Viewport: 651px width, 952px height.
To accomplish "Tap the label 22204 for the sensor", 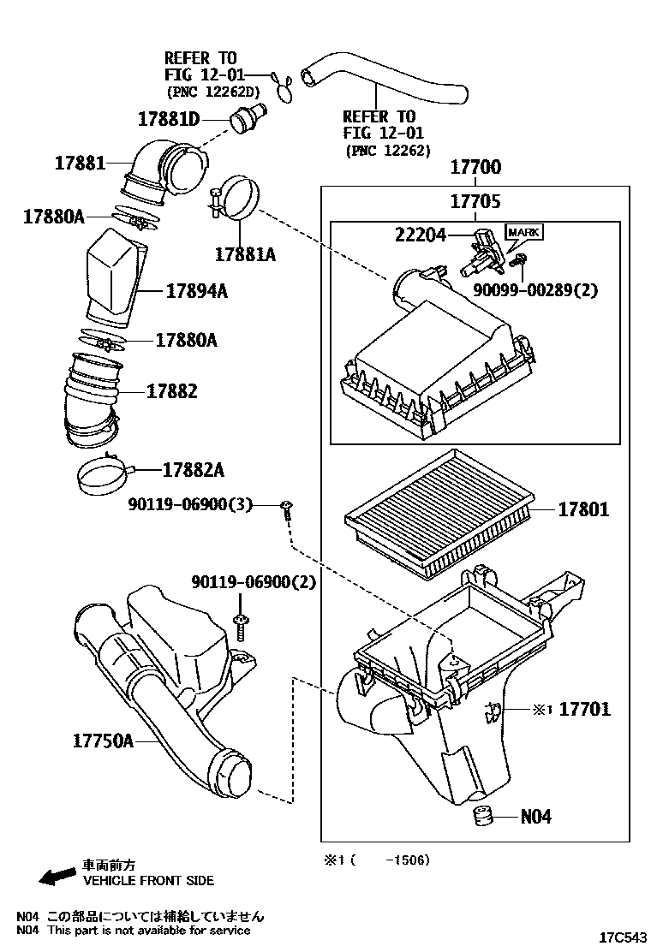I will pyautogui.click(x=421, y=233).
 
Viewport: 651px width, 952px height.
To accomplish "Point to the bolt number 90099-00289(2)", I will pyautogui.click(x=535, y=289).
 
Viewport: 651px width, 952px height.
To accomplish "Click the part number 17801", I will pyautogui.click(x=584, y=509).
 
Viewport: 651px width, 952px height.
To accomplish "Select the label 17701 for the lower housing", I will pyautogui.click(x=585, y=709).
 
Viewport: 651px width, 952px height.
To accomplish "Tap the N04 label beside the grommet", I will pyautogui.click(x=536, y=816).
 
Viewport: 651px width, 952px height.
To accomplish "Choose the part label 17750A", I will pyautogui.click(x=99, y=740).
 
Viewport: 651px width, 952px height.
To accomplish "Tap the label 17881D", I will pyautogui.click(x=168, y=118).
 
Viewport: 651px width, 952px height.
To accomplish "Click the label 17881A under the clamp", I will pyautogui.click(x=244, y=253).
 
